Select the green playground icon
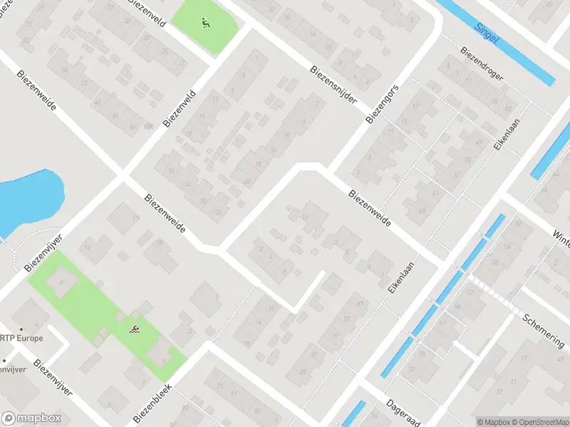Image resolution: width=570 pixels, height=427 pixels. pyautogui.click(x=205, y=22)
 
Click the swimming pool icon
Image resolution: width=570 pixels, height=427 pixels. pyautogui.click(x=134, y=330)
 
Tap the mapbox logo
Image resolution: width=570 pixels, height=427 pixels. pyautogui.click(x=31, y=418)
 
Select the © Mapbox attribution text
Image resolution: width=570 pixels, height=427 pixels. pyautogui.click(x=492, y=422)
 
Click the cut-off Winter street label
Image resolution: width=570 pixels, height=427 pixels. pyautogui.click(x=561, y=238)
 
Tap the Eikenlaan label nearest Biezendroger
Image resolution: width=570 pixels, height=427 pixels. pyautogui.click(x=506, y=135)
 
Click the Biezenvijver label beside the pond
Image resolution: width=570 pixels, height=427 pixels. pyautogui.click(x=44, y=251)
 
